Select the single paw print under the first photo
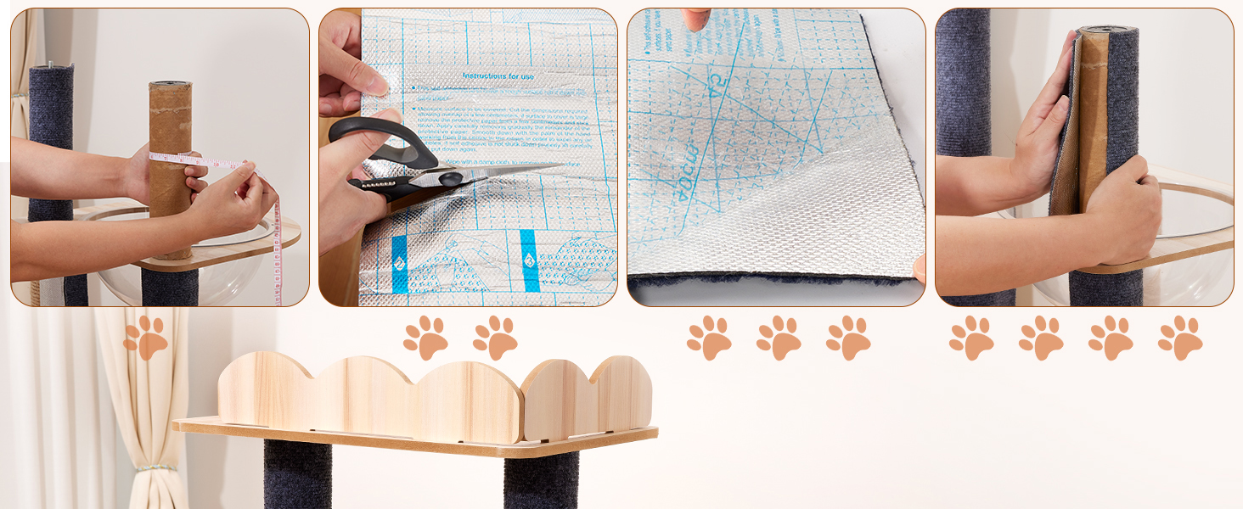[146, 338]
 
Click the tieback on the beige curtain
[153, 467]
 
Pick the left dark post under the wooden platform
[296, 474]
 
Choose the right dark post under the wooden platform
[540, 479]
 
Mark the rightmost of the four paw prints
[1180, 338]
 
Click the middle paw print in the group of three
[779, 338]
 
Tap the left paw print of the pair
[425, 338]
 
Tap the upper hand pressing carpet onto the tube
[1043, 110]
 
